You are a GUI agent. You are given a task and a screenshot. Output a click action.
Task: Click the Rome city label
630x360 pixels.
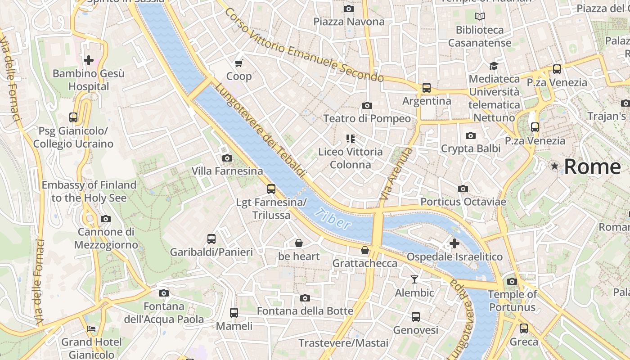[x=592, y=166]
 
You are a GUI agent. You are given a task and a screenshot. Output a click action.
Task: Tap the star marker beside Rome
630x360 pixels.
[x=554, y=166]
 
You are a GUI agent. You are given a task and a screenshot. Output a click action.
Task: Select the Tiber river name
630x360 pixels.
[x=333, y=219]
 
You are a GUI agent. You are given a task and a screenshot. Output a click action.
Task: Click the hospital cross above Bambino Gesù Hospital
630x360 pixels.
[x=89, y=60]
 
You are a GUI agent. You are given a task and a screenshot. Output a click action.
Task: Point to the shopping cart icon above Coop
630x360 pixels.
[x=239, y=63]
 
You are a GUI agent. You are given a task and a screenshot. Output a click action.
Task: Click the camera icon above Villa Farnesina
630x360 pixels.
[x=227, y=158]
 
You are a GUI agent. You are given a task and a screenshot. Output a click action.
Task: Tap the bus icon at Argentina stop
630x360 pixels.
[x=426, y=88]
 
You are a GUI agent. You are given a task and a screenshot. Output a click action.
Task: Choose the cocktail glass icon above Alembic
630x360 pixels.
[x=414, y=279]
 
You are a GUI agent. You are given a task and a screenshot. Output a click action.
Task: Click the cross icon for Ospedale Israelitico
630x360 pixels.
[x=454, y=243]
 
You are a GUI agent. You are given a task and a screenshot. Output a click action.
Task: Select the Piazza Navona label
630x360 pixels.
[x=349, y=22]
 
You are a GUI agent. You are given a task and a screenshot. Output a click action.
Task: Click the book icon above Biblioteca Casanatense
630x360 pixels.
[x=480, y=17]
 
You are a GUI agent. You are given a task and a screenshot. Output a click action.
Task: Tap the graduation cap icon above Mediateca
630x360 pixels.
[x=494, y=66]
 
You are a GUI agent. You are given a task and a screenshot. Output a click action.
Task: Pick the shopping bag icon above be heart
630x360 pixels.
[x=298, y=243]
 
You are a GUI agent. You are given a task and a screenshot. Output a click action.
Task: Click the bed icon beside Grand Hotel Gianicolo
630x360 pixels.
[x=91, y=328]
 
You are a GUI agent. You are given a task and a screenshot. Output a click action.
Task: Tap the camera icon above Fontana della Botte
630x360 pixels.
[x=305, y=298]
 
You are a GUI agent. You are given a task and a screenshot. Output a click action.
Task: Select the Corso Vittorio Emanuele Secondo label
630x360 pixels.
[x=304, y=45]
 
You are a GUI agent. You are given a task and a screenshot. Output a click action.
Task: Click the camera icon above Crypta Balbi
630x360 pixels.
[x=470, y=135]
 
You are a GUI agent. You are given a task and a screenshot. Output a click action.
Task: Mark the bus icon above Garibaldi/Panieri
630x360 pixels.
[x=211, y=239]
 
